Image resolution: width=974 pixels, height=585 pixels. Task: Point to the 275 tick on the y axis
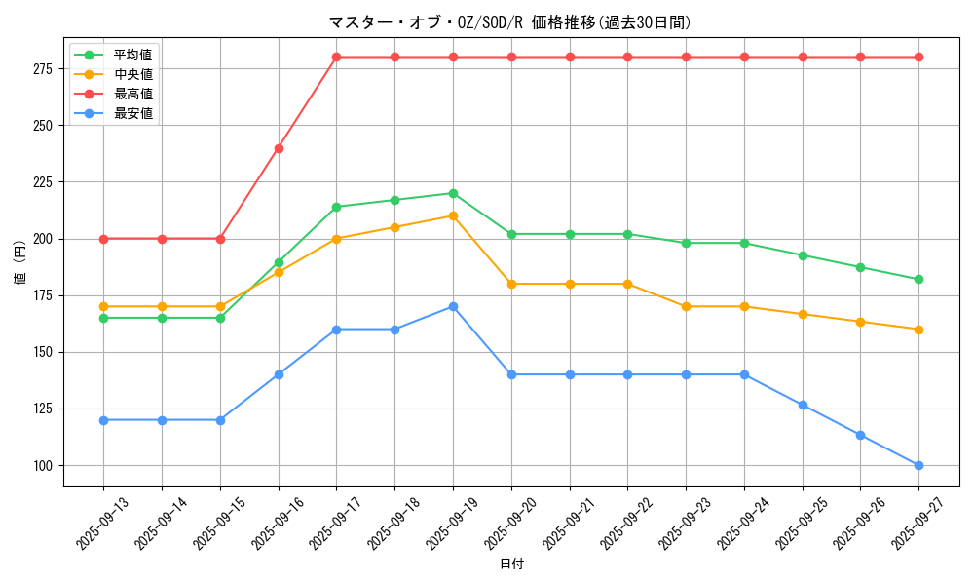pyautogui.click(x=43, y=68)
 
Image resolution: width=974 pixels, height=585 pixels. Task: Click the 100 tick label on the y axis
pyautogui.click(x=43, y=465)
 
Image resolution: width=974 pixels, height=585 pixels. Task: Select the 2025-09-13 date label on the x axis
pyautogui.click(x=102, y=524)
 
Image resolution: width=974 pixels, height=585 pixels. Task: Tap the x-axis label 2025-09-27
pyautogui.click(x=918, y=524)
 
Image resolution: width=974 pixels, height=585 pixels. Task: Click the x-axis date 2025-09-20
pyautogui.click(x=509, y=524)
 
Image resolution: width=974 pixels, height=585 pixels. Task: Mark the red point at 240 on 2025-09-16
pyautogui.click(x=279, y=148)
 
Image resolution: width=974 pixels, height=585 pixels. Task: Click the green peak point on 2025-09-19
pyautogui.click(x=453, y=193)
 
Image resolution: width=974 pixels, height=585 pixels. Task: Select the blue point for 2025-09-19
pyautogui.click(x=453, y=306)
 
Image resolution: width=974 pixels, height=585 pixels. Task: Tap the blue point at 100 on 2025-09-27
pyautogui.click(x=918, y=465)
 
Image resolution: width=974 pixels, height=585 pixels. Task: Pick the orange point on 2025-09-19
pyautogui.click(x=453, y=215)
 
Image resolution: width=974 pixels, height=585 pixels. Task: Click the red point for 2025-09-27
pyautogui.click(x=918, y=57)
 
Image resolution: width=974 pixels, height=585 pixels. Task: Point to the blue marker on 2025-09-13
pyautogui.click(x=103, y=420)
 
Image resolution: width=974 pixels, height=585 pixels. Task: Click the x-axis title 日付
pyautogui.click(x=511, y=565)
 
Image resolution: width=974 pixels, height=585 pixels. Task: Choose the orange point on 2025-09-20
pyautogui.click(x=511, y=284)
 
